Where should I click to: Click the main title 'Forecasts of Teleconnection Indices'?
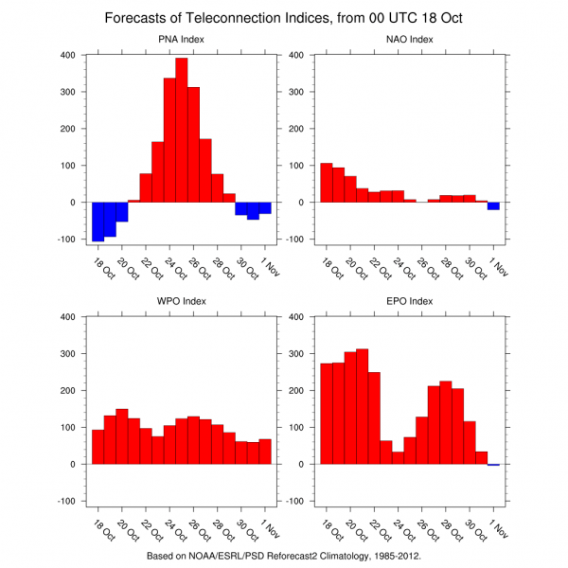(284, 18)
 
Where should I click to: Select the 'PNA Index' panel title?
(181, 40)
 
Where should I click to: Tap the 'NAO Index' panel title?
(410, 40)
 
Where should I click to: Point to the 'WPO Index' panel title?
(181, 302)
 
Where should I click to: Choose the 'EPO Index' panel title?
(410, 302)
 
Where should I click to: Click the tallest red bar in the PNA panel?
(181, 133)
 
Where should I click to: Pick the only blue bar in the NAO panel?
(493, 205)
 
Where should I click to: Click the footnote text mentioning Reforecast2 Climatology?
(284, 556)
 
